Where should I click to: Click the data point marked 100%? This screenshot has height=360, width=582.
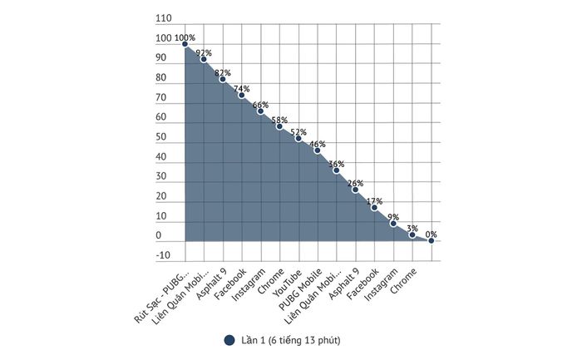point(185,44)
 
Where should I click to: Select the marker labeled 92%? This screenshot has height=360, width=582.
point(204,60)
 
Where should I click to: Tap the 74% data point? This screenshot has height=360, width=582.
point(242,95)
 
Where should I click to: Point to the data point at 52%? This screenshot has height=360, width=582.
point(298,138)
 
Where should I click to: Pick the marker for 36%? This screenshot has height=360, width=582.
point(337,170)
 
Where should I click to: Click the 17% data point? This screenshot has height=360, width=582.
point(374,207)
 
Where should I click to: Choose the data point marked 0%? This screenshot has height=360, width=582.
point(431,241)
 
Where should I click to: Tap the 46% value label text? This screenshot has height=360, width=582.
point(318,144)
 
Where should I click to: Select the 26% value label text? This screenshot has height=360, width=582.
point(356,183)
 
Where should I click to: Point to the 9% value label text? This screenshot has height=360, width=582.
point(393,216)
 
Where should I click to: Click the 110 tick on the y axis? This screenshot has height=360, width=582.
point(164,18)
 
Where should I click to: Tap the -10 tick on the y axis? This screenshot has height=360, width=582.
point(164,256)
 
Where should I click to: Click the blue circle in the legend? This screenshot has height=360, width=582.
point(229,339)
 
